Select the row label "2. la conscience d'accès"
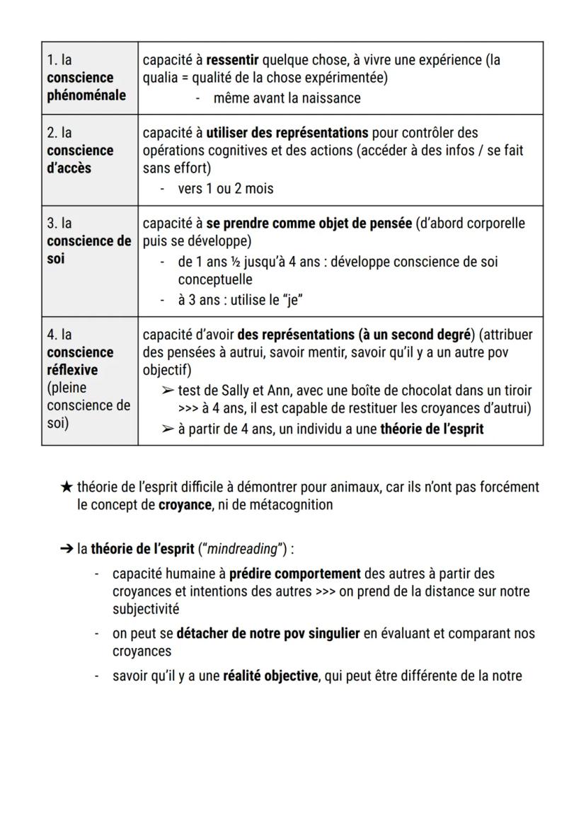coord(80,151)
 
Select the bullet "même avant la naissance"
coord(287,98)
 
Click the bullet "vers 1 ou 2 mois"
coord(225,189)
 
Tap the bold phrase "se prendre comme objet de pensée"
coord(309,224)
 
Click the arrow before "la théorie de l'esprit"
coord(67,549)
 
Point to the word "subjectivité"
coord(146,608)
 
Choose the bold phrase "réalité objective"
coord(270,676)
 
